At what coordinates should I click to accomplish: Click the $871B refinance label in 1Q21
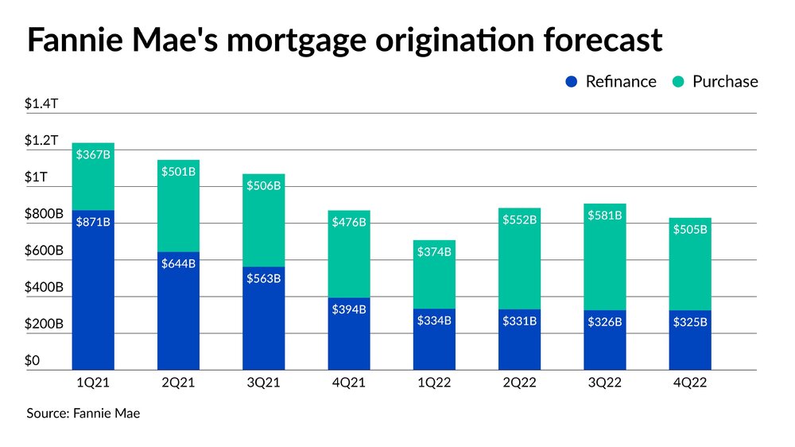(93, 222)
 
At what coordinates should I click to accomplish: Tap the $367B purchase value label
(93, 155)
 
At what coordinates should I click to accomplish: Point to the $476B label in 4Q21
(349, 222)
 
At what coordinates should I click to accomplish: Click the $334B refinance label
(434, 321)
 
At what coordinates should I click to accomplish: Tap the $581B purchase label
(604, 215)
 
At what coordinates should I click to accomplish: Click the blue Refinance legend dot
(571, 81)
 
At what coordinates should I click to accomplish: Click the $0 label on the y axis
(32, 361)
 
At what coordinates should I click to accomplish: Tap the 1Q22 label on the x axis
(434, 383)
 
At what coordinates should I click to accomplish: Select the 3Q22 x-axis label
(604, 383)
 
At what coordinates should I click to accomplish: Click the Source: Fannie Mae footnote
(83, 414)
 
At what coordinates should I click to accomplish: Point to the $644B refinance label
(178, 264)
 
